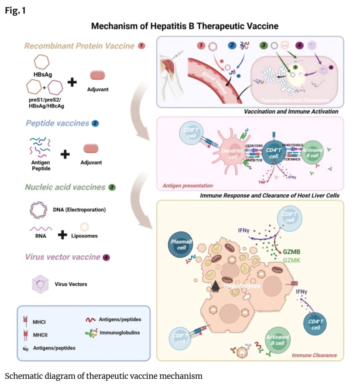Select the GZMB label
click(291, 252)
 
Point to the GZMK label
click(291, 260)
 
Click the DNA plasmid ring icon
click(38, 210)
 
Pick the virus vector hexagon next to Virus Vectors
click(40, 284)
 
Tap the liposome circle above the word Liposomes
click(84, 227)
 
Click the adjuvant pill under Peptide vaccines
click(91, 149)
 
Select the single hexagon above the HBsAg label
click(41, 62)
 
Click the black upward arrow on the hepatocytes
click(215, 286)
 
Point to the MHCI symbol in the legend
click(26, 321)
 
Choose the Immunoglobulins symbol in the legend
click(91, 333)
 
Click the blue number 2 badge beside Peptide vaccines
click(95, 124)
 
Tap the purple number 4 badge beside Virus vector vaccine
click(106, 257)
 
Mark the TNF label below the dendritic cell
click(262, 182)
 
